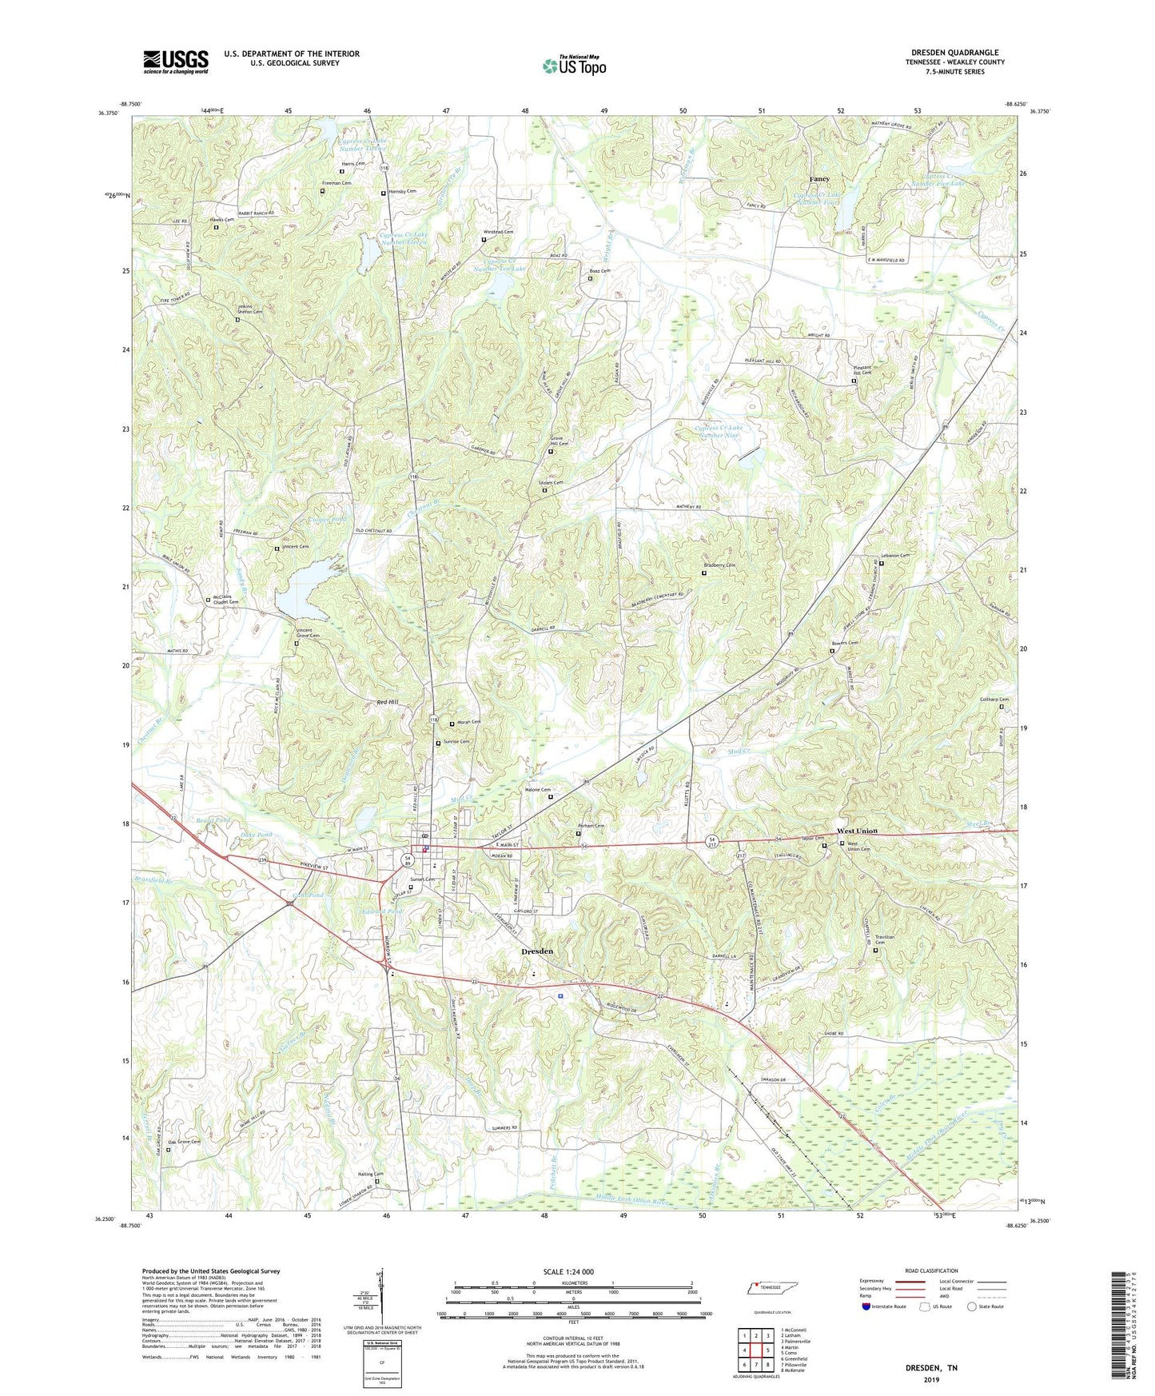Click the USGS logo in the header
pyautogui.click(x=176, y=62)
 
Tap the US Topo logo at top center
pyautogui.click(x=575, y=66)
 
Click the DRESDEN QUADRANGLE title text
pyautogui.click(x=954, y=53)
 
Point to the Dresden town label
pyautogui.click(x=537, y=951)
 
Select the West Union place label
pyautogui.click(x=857, y=831)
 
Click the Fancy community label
pyautogui.click(x=819, y=179)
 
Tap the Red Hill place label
pyautogui.click(x=388, y=702)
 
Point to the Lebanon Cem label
pyautogui.click(x=894, y=556)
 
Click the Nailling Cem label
pyautogui.click(x=371, y=1175)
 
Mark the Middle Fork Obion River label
pyautogui.click(x=631, y=1200)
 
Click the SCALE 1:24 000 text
pyautogui.click(x=568, y=1272)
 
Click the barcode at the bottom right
pyautogui.click(x=1121, y=1327)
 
